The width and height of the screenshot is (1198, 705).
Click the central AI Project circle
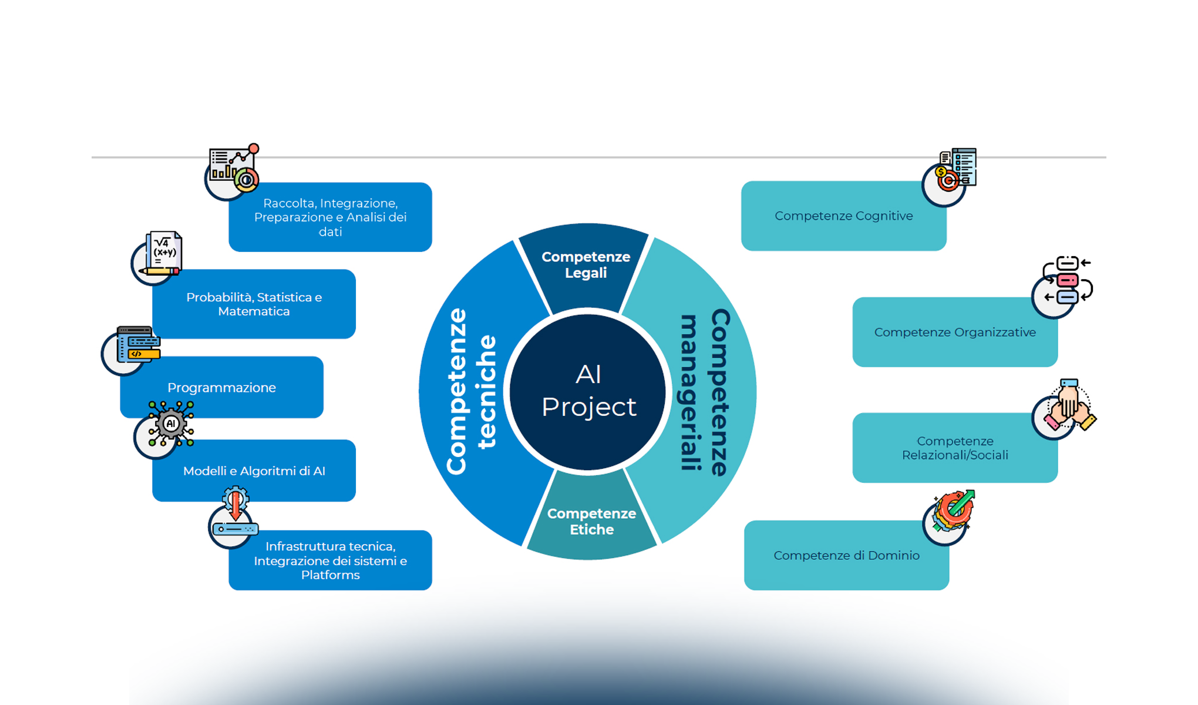(x=588, y=391)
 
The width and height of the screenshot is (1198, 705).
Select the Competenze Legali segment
(x=585, y=265)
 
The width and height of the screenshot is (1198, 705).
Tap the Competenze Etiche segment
(x=591, y=521)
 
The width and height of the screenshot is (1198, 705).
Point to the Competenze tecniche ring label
(x=471, y=391)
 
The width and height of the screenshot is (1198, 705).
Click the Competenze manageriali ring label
(x=705, y=392)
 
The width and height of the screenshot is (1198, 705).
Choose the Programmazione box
(x=221, y=388)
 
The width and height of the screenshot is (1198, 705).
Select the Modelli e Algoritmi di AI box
(x=254, y=471)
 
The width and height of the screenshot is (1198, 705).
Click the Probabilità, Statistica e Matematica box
(x=254, y=304)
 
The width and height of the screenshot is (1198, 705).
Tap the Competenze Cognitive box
(x=843, y=216)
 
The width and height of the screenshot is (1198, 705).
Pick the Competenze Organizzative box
(x=955, y=333)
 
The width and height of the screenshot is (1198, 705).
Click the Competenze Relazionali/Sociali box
(x=955, y=448)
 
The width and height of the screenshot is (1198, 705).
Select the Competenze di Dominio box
(x=846, y=556)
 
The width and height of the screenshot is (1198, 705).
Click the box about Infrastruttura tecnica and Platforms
(x=330, y=560)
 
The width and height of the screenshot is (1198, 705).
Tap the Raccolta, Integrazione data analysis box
(x=330, y=217)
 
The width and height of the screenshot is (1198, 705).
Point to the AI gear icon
(x=170, y=424)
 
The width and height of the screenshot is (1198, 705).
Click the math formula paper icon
(x=162, y=254)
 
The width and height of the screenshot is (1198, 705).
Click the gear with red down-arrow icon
(x=235, y=510)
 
